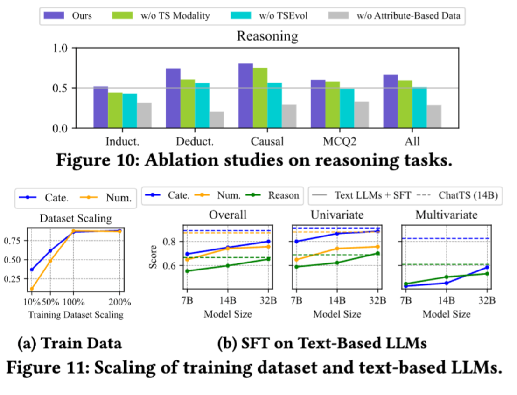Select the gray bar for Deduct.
click(217, 120)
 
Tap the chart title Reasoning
click(267, 35)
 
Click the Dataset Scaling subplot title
click(76, 218)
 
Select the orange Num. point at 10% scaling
click(32, 289)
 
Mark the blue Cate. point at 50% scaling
click(50, 251)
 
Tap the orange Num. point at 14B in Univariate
click(337, 249)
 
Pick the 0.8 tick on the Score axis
click(170, 242)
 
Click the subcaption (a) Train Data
click(69, 344)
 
